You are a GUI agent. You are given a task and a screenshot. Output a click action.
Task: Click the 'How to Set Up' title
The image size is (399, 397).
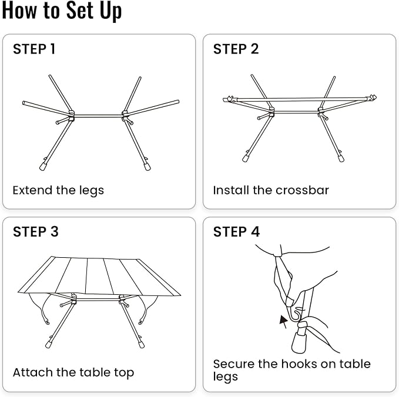(x=62, y=11)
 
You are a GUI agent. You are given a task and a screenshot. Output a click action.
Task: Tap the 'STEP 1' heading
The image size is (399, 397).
(x=34, y=49)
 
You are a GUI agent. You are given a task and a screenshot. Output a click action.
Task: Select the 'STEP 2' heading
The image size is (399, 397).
(x=236, y=49)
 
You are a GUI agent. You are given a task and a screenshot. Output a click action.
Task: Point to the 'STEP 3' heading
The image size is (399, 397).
(x=36, y=232)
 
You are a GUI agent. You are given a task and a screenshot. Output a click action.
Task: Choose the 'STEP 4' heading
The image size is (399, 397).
(x=236, y=232)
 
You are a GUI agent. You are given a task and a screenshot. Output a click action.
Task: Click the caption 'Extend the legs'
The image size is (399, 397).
(x=58, y=190)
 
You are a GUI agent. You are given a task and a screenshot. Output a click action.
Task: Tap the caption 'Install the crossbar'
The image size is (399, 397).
(x=271, y=190)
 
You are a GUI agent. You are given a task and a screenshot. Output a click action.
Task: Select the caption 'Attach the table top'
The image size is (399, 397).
(x=73, y=372)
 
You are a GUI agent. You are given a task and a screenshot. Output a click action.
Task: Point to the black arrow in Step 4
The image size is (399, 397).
(x=283, y=321)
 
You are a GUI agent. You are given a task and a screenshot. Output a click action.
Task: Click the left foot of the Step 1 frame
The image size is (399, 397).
(x=43, y=166)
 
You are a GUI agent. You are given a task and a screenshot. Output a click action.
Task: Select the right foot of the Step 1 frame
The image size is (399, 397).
(x=147, y=166)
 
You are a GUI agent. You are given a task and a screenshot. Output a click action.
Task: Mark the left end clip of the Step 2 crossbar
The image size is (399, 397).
(x=229, y=99)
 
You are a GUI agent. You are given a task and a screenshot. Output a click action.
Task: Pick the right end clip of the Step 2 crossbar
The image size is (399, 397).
(x=371, y=97)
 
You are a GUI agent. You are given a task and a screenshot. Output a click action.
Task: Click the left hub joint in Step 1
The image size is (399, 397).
(x=71, y=115)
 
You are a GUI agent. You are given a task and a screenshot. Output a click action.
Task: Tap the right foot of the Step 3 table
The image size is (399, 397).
(x=141, y=344)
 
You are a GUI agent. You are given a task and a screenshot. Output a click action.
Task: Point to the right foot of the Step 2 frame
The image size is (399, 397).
(x=341, y=159)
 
